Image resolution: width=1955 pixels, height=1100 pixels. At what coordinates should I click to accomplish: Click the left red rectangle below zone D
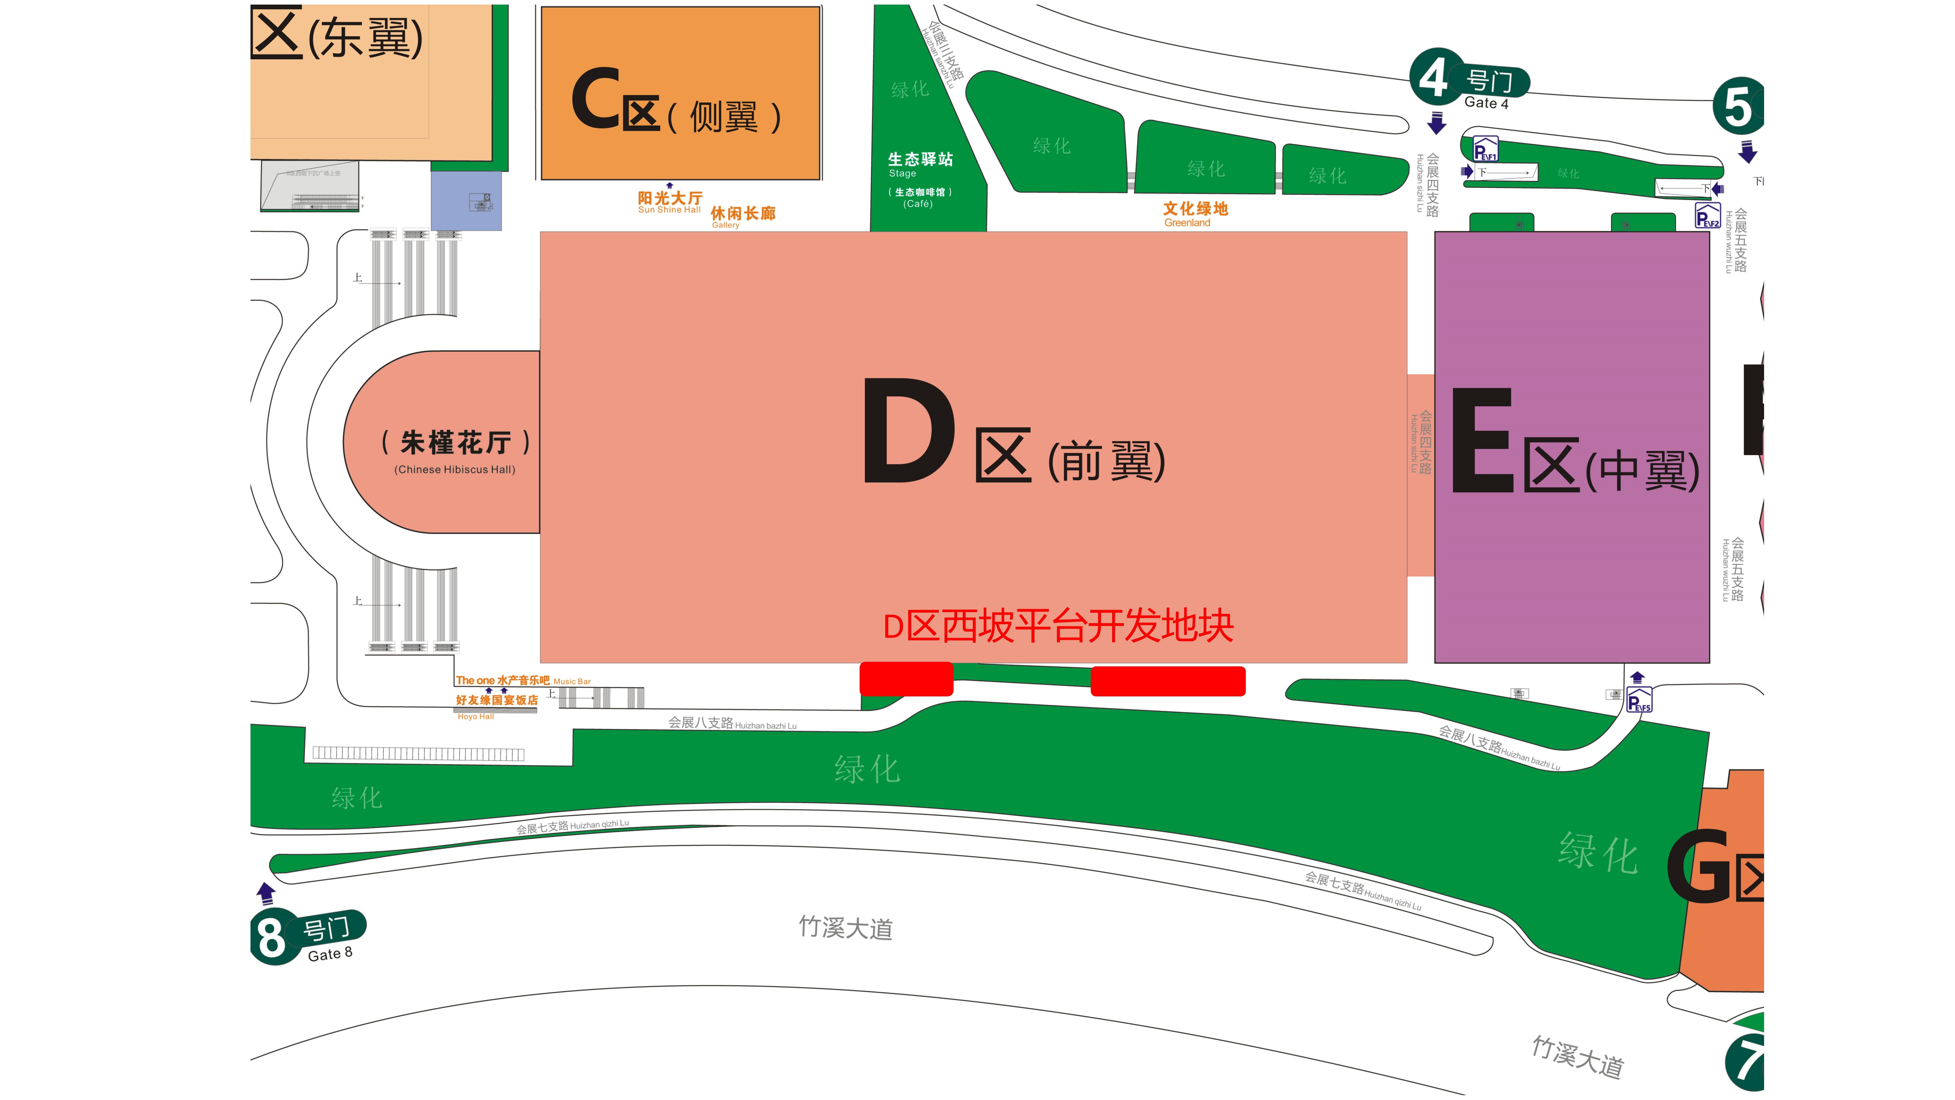coord(906,679)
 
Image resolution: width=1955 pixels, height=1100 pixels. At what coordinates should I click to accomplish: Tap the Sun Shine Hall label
coord(669,202)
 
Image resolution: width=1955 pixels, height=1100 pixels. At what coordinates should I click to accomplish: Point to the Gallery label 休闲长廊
coord(742,216)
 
